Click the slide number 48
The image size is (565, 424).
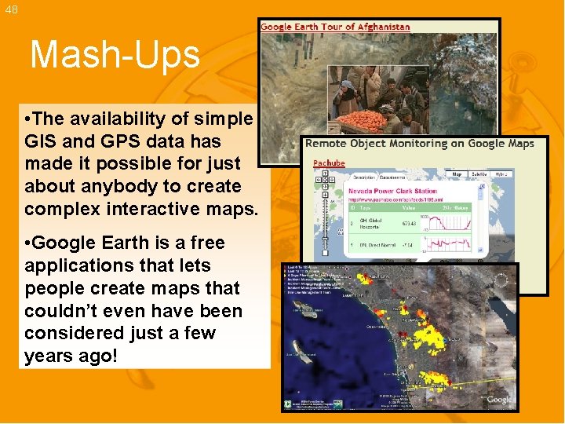(10, 9)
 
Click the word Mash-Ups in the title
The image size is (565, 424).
(115, 56)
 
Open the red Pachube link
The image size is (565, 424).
(329, 163)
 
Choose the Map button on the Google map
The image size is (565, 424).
(457, 174)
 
